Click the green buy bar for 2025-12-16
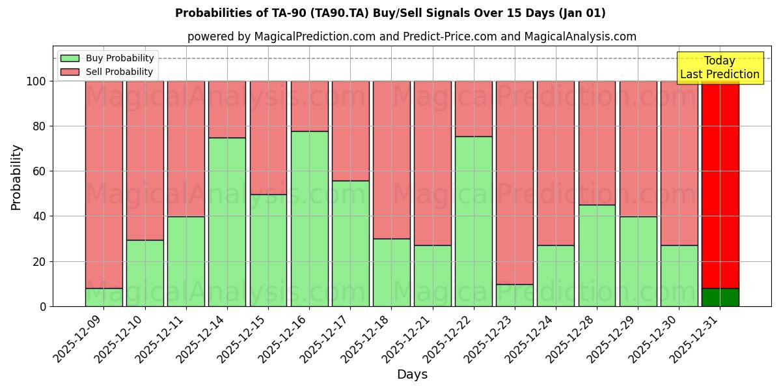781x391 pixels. pos(309,218)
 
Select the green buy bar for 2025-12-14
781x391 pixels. pos(227,222)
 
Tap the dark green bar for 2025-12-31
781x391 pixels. pos(720,297)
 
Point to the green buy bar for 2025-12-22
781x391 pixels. pos(473,221)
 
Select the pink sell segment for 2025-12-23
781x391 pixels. pos(514,182)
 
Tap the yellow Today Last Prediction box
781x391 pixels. pos(719,68)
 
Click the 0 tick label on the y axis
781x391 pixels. pos(43,306)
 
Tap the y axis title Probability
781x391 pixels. pos(16,177)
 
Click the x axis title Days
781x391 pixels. pos(412,375)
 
